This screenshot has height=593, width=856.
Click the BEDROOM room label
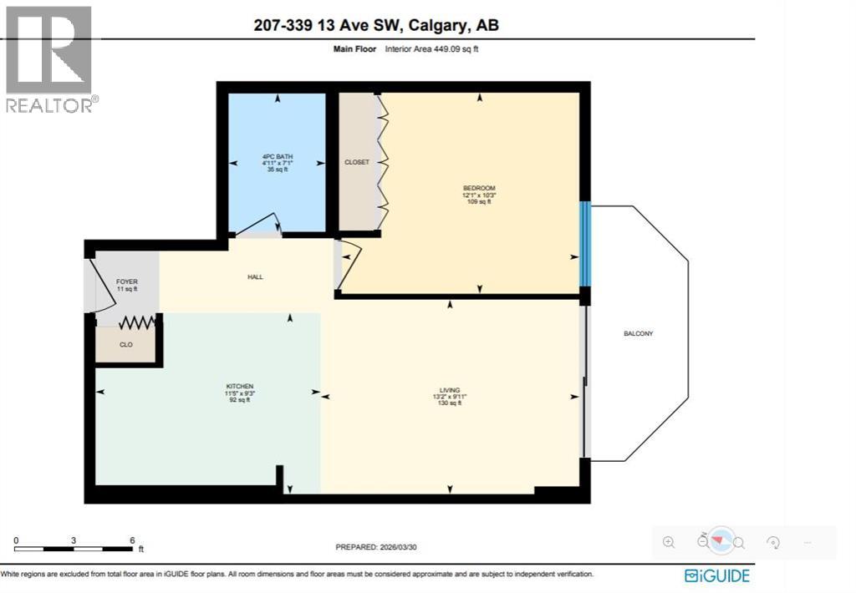[479, 188]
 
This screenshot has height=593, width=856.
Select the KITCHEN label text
[238, 386]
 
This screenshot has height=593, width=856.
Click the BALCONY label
[638, 334]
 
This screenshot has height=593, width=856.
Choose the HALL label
[255, 277]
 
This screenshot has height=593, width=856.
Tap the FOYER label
[126, 282]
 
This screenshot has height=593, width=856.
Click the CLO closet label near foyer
[126, 343]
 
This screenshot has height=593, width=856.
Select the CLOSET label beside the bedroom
[357, 162]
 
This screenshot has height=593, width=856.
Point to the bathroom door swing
[259, 226]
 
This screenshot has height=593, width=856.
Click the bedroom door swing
[349, 265]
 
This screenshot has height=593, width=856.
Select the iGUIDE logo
[716, 575]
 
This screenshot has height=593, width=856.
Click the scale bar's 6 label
[132, 540]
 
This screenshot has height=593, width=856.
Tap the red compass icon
[721, 541]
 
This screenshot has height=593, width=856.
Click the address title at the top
[376, 25]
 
